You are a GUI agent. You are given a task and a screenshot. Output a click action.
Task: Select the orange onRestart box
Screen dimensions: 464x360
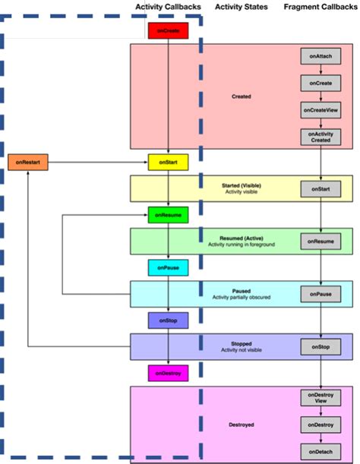tap(28, 163)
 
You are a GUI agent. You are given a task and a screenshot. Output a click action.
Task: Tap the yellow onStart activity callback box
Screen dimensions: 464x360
tap(167, 163)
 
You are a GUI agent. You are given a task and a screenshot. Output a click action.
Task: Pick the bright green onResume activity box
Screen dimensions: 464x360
tap(167, 216)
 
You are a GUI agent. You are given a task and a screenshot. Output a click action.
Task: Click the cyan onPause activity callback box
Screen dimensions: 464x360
tap(167, 268)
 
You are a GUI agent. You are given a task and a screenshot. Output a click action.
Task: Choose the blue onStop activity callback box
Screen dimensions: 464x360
tap(167, 321)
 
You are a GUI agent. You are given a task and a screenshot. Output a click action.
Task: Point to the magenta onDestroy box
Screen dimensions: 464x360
tap(167, 374)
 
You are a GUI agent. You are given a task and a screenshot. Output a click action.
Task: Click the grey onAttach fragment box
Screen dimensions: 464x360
tap(320, 56)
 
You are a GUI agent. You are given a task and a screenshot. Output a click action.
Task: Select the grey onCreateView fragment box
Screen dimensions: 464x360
tap(320, 109)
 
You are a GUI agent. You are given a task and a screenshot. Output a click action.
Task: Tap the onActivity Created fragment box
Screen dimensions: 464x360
tap(320, 137)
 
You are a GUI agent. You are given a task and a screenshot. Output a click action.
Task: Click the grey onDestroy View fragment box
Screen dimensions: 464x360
tap(320, 398)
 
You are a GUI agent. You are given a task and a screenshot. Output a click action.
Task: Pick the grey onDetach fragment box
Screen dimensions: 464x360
tap(320, 451)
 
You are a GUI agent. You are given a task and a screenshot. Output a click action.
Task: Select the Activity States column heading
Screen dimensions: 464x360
tap(238, 7)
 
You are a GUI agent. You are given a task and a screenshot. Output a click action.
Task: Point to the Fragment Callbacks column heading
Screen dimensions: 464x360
tap(319, 7)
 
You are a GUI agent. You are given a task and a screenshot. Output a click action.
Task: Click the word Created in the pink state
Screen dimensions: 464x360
tap(241, 97)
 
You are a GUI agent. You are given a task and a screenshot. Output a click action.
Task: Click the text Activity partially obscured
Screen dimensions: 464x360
tap(242, 297)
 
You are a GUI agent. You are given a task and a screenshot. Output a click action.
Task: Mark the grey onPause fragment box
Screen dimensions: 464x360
tap(320, 294)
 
